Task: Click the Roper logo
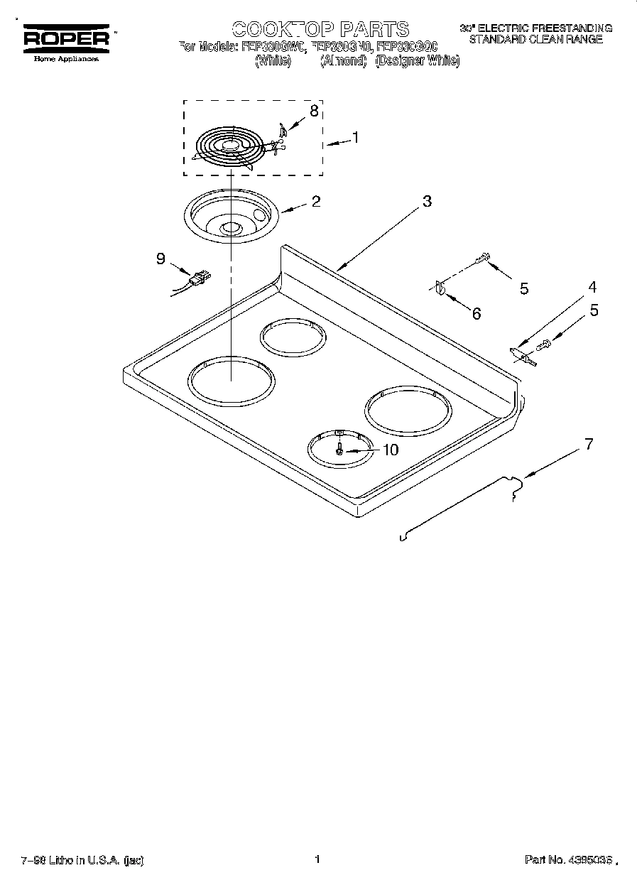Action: pyautogui.click(x=67, y=40)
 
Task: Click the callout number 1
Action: pyautogui.click(x=355, y=138)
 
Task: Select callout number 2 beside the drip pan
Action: pyautogui.click(x=315, y=201)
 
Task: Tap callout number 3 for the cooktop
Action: pyautogui.click(x=426, y=201)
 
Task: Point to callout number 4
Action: pyautogui.click(x=592, y=287)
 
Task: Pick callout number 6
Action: pyautogui.click(x=476, y=313)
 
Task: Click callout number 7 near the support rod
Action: pyautogui.click(x=587, y=444)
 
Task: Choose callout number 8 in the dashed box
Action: pyautogui.click(x=314, y=110)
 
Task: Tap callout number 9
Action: pyautogui.click(x=160, y=259)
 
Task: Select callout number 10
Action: pyautogui.click(x=390, y=450)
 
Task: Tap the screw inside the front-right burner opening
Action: pyautogui.click(x=339, y=449)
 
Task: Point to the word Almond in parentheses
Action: pyautogui.click(x=343, y=61)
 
